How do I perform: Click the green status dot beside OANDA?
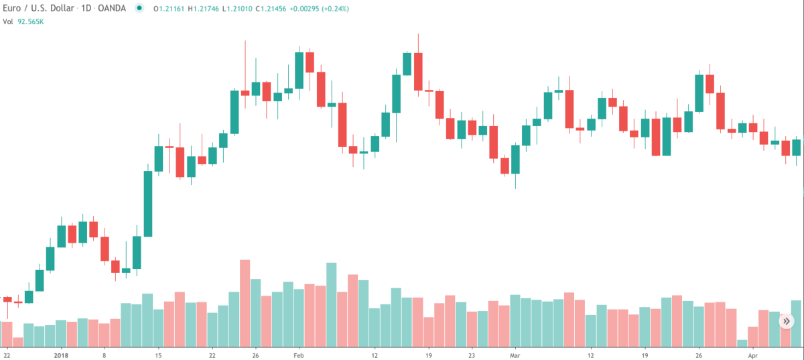[x=139, y=9]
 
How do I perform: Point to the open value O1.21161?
[x=170, y=9]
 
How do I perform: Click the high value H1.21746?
[x=204, y=9]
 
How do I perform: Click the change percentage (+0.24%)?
[x=333, y=9]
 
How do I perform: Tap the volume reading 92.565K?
[x=31, y=21]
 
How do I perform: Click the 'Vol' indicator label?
[x=9, y=21]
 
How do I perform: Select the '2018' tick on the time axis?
[x=62, y=355]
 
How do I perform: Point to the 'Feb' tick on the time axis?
[x=298, y=355]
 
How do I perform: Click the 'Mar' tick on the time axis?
[x=515, y=355]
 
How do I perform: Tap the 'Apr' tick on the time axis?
[x=752, y=355]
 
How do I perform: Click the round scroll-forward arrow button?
[x=786, y=322]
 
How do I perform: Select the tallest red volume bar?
[x=245, y=302]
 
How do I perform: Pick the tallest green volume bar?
[x=331, y=305]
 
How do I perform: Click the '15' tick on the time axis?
[x=158, y=355]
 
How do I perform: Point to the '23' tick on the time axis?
[x=472, y=355]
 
